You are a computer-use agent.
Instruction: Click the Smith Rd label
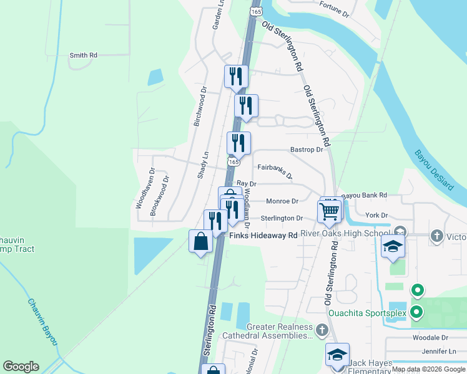[x=84, y=55]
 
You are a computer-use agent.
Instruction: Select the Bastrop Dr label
[x=306, y=150]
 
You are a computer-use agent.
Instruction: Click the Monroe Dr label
[x=282, y=201]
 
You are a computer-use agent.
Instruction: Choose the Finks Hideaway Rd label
[x=263, y=236]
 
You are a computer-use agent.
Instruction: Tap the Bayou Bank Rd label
[x=365, y=195]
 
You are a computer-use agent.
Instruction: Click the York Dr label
[x=376, y=216]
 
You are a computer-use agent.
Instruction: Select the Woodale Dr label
[x=431, y=337]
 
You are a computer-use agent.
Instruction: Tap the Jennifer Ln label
[x=439, y=352]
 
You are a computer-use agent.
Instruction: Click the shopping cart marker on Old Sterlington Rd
[x=329, y=211]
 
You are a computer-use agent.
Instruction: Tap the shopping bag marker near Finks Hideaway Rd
[x=200, y=241]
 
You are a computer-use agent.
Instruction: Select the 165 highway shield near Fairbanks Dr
[x=234, y=161]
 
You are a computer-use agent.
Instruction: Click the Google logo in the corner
[x=21, y=367]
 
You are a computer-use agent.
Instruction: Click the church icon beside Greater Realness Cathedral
[x=322, y=329]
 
